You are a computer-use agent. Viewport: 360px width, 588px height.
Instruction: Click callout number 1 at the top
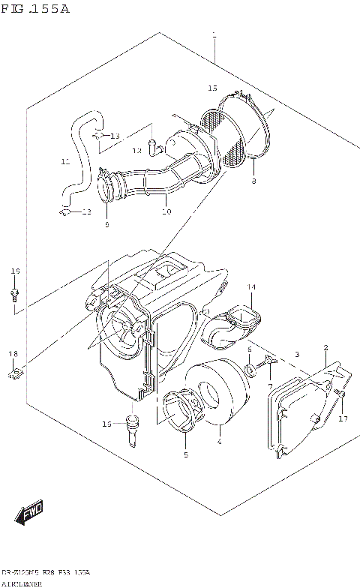click(214, 35)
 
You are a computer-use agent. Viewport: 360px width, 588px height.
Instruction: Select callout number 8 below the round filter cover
click(253, 181)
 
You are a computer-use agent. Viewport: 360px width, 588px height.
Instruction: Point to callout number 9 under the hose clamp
click(106, 224)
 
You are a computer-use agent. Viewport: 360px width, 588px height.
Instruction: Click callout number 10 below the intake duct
click(166, 212)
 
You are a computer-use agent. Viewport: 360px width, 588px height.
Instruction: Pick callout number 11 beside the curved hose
click(65, 161)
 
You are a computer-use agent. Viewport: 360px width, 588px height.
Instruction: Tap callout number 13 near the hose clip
click(114, 136)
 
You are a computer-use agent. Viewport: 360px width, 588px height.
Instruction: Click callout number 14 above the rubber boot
click(251, 287)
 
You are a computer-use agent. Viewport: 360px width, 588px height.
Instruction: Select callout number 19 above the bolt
click(13, 271)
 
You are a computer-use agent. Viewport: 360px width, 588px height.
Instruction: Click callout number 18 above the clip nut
click(13, 353)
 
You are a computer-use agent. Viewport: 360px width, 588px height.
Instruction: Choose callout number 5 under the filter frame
click(184, 455)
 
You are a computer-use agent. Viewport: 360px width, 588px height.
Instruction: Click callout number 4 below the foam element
click(219, 442)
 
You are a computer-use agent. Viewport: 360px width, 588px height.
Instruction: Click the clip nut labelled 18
click(14, 373)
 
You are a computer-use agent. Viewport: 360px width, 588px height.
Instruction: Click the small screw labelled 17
click(339, 394)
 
